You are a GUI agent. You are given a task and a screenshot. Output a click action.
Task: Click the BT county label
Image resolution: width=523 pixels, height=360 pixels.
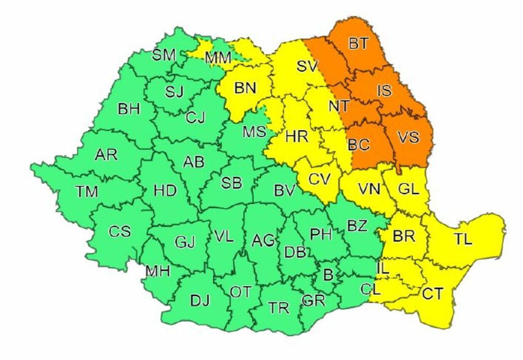click(358, 44)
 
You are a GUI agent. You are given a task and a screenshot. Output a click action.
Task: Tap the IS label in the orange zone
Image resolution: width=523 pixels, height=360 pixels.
click(384, 91)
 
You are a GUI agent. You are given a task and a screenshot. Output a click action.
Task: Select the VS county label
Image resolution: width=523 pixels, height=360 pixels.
click(408, 137)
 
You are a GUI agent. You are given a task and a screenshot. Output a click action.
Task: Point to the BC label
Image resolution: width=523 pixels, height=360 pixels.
click(359, 145)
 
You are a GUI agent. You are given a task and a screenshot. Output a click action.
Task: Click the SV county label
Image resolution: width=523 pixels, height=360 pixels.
click(308, 66)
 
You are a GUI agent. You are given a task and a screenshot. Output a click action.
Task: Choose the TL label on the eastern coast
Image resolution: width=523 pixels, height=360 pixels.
click(463, 240)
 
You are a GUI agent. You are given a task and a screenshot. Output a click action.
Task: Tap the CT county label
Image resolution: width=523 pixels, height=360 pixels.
click(433, 294)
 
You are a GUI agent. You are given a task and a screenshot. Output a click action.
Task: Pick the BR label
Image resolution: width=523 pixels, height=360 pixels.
click(404, 236)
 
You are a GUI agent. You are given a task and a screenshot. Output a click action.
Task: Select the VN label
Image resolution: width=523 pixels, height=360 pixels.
click(369, 189)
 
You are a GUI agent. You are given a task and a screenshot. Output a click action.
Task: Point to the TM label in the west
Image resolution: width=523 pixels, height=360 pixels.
click(86, 192)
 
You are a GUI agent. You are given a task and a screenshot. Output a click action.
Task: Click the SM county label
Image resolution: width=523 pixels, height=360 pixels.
click(164, 55)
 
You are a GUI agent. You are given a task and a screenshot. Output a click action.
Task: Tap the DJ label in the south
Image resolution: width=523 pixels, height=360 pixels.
click(200, 300)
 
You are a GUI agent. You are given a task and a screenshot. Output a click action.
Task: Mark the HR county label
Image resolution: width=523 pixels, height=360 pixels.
click(297, 138)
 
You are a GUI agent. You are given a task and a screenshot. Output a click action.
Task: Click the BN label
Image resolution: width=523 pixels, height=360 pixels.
click(245, 88)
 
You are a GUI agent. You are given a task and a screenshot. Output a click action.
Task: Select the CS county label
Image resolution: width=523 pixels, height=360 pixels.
click(120, 231)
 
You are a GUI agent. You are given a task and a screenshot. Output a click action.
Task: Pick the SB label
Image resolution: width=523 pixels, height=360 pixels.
click(231, 183)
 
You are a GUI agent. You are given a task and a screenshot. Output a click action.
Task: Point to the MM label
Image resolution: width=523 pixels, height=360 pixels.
click(218, 58)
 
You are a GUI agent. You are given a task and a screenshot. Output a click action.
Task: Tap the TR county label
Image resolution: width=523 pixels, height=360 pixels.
click(279, 308)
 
